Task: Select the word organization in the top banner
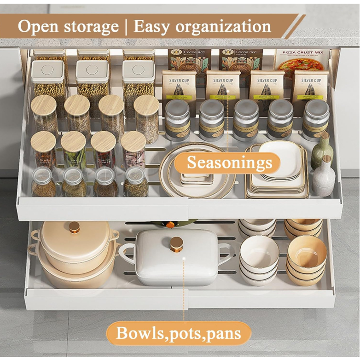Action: [224, 27]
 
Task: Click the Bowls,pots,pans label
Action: [179, 333]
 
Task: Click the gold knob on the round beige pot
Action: [74, 227]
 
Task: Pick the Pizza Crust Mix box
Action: [301, 62]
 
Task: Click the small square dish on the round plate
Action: [193, 177]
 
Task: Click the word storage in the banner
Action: [93, 27]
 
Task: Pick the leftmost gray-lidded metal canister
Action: [177, 120]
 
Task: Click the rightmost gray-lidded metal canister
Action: [316, 120]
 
